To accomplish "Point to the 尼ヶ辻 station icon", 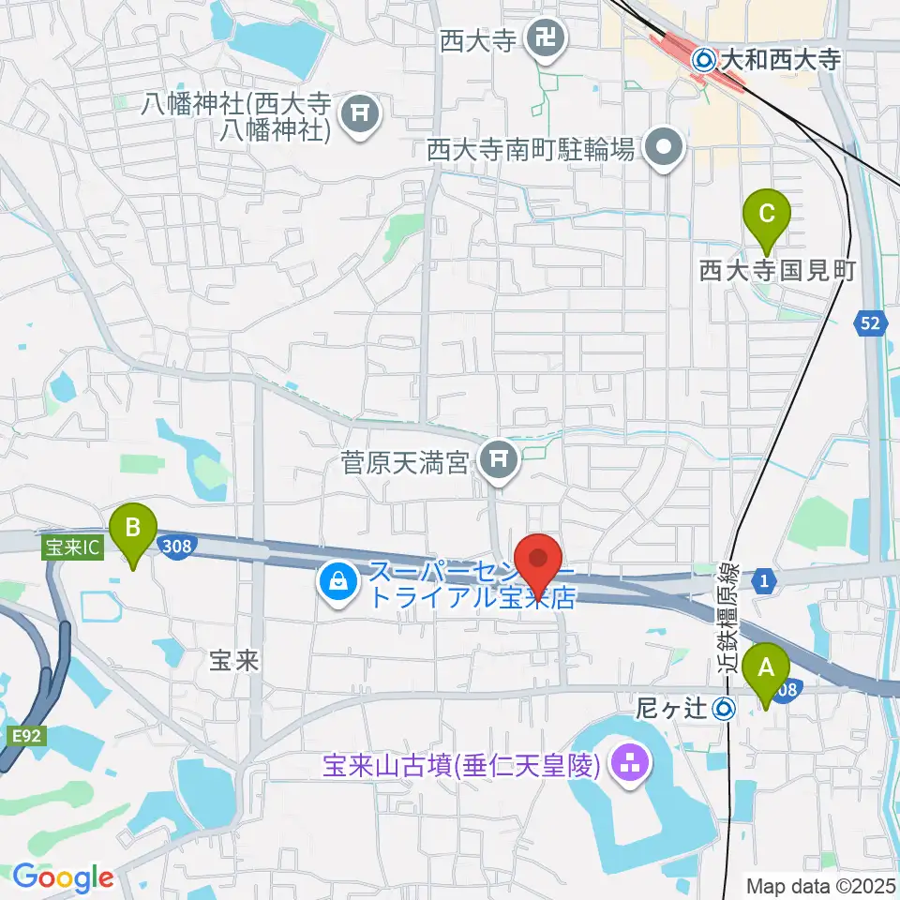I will [x=723, y=709].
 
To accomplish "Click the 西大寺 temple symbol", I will [x=543, y=38].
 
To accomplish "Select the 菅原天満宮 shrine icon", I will [x=498, y=459].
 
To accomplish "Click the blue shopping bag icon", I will [x=336, y=584].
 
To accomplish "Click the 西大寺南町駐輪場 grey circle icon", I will [x=665, y=147].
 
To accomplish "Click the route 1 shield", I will [x=766, y=582].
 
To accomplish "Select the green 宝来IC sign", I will [x=70, y=543].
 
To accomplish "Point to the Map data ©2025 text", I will [x=819, y=885].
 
